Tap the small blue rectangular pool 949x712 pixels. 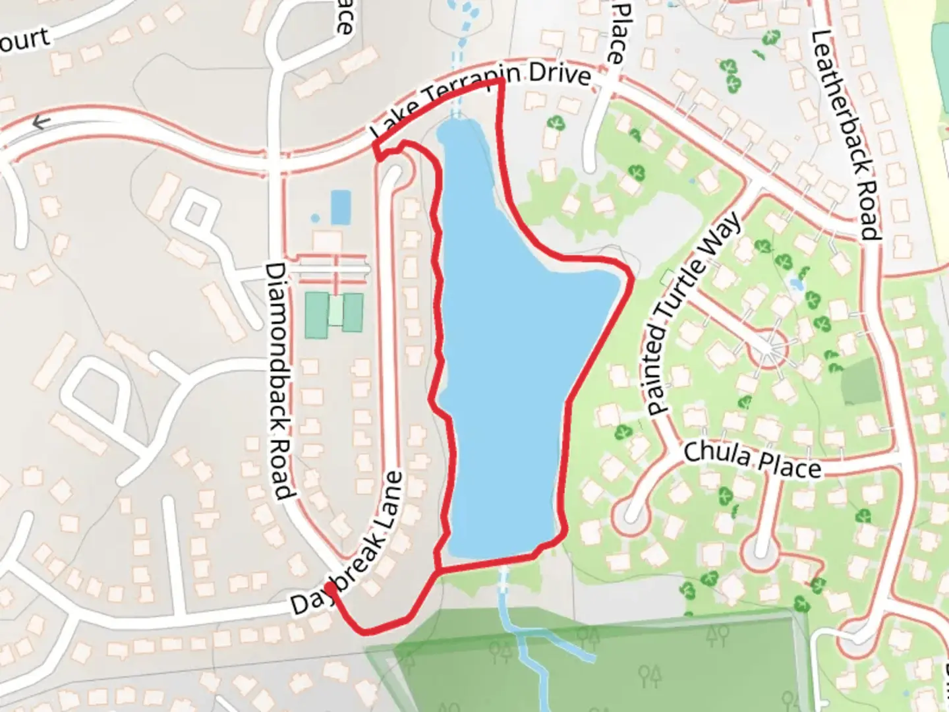coord(340,207)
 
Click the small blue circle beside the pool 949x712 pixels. coord(315,218)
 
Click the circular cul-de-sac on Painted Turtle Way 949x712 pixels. coord(768,349)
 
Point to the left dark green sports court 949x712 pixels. coord(317,315)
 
